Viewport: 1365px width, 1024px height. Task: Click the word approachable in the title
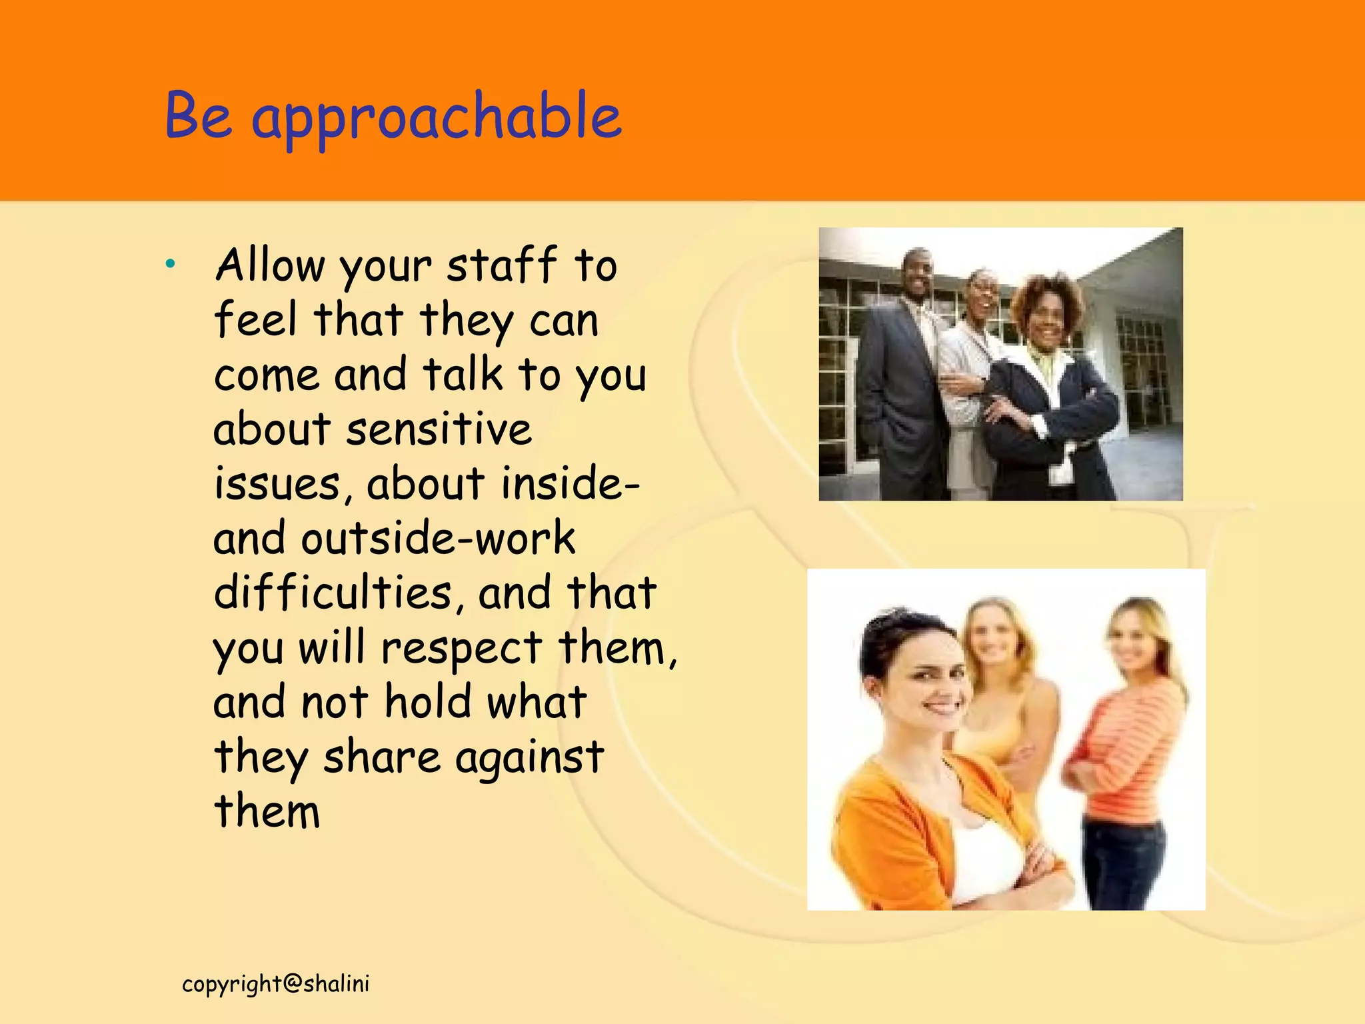point(437,117)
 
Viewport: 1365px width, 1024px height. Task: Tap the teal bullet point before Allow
point(171,264)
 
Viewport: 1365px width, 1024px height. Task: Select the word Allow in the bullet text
point(269,265)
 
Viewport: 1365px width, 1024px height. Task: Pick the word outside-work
point(438,538)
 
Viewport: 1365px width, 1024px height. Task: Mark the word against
point(529,758)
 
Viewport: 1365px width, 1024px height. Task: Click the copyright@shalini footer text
point(275,984)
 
